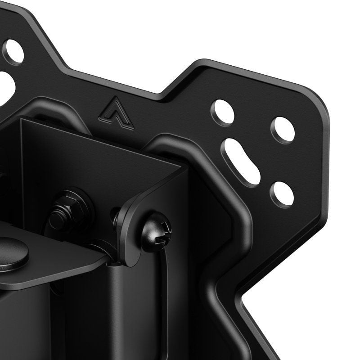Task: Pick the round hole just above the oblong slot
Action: [x=223, y=112]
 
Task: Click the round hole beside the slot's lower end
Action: [x=282, y=194]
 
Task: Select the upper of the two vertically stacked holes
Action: [x=283, y=130]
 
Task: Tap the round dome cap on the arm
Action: [x=11, y=254]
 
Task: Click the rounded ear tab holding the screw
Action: [x=135, y=225]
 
